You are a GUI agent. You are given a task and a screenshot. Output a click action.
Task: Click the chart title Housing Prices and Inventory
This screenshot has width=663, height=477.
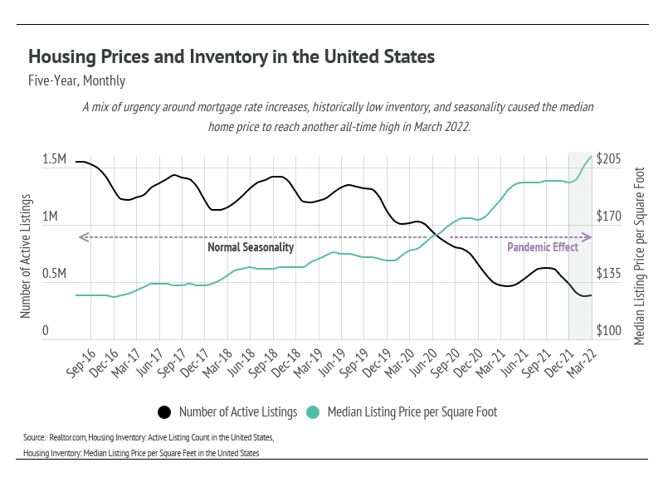[x=232, y=57]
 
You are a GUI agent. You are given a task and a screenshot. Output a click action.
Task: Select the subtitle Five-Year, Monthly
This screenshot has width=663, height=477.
[x=76, y=81]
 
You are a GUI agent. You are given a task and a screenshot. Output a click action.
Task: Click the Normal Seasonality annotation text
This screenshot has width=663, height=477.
[x=251, y=247]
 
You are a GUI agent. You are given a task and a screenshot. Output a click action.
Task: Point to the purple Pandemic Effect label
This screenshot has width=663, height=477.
[x=543, y=247]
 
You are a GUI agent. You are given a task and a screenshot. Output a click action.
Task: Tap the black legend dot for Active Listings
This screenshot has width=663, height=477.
[x=164, y=411]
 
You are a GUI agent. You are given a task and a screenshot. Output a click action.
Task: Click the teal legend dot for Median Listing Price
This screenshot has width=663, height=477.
[x=313, y=411]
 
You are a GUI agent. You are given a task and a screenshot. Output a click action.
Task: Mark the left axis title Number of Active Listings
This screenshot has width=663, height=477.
[x=26, y=256]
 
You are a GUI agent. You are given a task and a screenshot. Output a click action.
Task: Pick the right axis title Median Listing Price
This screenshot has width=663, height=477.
[x=639, y=241]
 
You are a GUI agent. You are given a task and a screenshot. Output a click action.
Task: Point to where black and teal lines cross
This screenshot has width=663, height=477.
[x=435, y=236]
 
